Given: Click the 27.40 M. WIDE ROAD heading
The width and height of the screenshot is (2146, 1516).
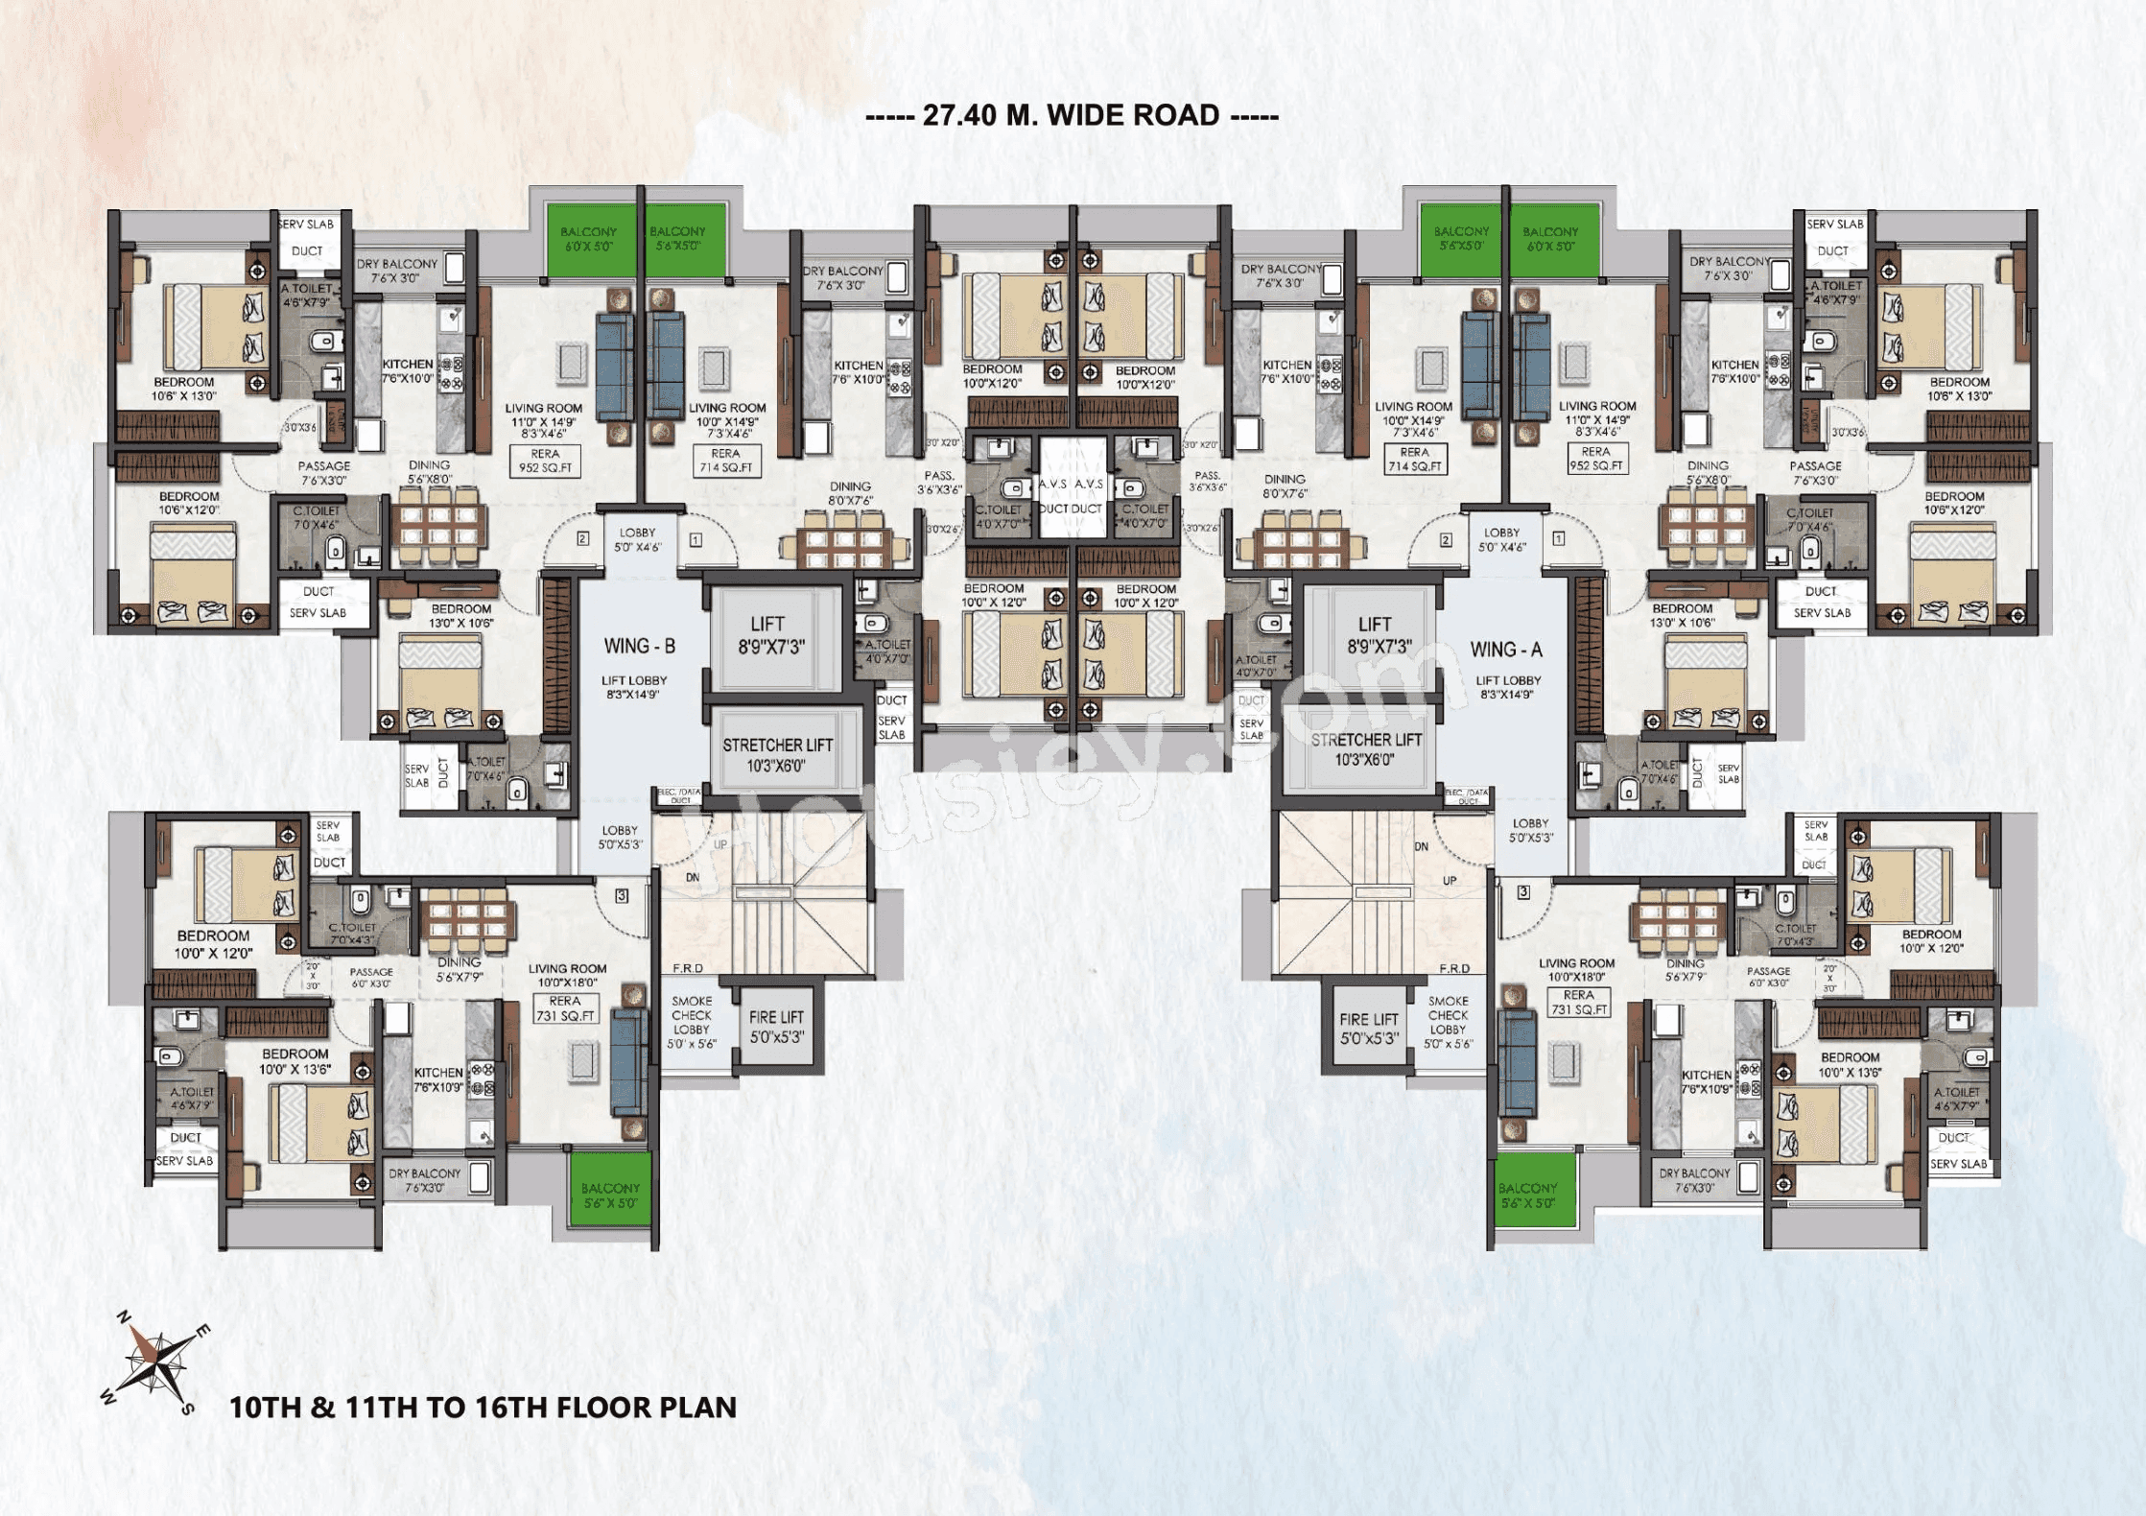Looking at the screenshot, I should click(x=1072, y=116).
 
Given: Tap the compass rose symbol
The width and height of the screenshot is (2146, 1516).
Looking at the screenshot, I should click(x=153, y=1362).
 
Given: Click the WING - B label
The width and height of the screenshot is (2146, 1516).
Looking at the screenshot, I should click(x=639, y=647).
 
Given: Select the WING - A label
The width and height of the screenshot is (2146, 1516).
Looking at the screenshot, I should click(x=1506, y=650).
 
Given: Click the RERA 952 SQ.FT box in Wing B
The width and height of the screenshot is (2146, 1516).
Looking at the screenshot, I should click(x=545, y=462).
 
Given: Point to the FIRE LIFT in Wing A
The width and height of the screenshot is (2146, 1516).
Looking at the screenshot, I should click(x=1369, y=1029).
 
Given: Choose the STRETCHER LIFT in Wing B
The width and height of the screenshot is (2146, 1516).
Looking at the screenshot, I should click(x=777, y=755).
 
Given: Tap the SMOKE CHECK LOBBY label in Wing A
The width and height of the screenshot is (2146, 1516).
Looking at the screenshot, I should click(x=1448, y=1022).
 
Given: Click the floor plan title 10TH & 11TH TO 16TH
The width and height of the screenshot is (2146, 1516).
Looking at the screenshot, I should click(x=483, y=1408).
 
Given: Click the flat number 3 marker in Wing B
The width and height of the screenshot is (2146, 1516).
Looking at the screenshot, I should click(x=622, y=895).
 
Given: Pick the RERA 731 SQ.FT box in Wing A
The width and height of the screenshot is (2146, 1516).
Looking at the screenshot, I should click(x=1578, y=1003).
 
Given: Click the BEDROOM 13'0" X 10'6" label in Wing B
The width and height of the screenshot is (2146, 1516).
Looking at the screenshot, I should click(x=460, y=616).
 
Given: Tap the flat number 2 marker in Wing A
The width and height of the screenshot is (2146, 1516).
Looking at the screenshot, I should click(x=1446, y=540).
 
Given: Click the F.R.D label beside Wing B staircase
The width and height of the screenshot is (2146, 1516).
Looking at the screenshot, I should click(x=688, y=968).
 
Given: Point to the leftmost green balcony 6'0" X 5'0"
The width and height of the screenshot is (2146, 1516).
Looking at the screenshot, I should click(x=588, y=239).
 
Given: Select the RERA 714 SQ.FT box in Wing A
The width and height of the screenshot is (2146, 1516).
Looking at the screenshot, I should click(x=1414, y=460).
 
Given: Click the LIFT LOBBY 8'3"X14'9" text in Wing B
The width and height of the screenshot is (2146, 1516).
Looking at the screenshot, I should click(x=633, y=687).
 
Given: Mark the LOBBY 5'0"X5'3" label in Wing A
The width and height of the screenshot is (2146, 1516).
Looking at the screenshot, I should click(x=1530, y=831).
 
